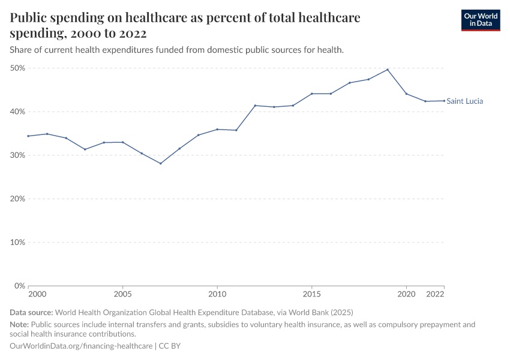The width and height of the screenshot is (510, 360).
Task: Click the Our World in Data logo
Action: tap(480, 20)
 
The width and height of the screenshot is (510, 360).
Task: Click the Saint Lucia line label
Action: tap(464, 101)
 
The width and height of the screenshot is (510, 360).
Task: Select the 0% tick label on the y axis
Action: tap(19, 286)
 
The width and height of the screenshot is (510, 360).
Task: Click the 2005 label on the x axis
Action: tap(122, 295)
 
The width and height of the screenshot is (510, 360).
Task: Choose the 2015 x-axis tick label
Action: tap(311, 295)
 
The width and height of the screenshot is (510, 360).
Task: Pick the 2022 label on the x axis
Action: tap(435, 295)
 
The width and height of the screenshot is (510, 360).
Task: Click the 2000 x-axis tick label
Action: tap(37, 295)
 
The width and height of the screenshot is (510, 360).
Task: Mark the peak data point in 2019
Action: tap(388, 70)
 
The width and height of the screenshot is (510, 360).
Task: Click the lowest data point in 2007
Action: tap(161, 163)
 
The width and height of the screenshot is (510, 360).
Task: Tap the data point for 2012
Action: tap(255, 106)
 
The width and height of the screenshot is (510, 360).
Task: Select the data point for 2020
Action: tap(406, 94)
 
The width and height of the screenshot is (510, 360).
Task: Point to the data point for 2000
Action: tap(28, 136)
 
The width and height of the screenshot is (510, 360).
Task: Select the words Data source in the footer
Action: tap(31, 313)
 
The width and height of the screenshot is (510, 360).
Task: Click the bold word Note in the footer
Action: tap(19, 325)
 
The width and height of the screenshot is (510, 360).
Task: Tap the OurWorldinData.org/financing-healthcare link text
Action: tap(81, 346)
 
